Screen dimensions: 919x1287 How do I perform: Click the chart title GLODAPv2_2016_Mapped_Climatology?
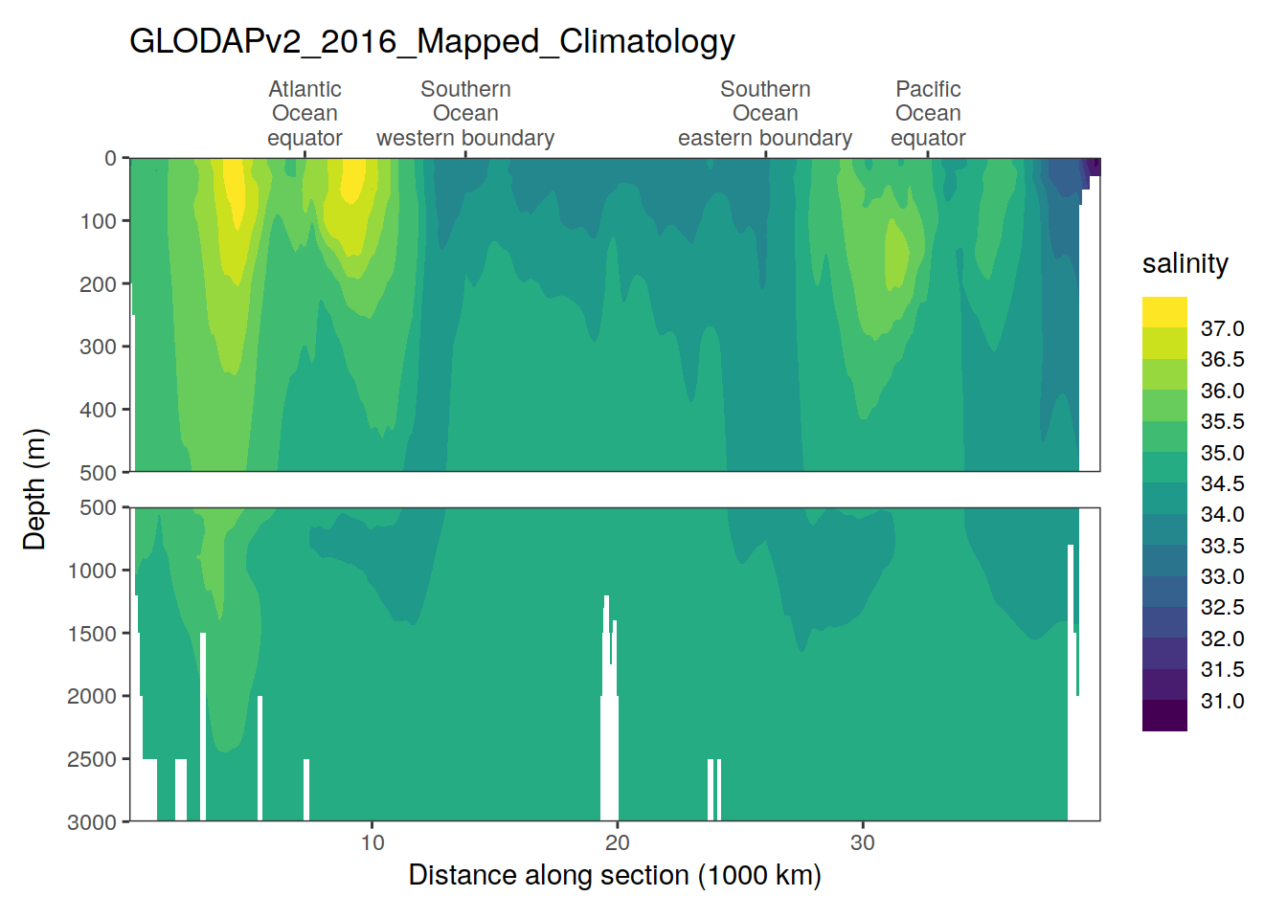[x=432, y=41]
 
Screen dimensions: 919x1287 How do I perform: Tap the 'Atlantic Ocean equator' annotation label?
[x=305, y=114]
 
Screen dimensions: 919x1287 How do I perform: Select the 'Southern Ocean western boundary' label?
[x=465, y=114]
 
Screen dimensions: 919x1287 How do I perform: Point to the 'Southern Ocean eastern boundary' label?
[x=765, y=114]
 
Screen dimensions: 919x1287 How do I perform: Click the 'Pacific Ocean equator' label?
[x=928, y=114]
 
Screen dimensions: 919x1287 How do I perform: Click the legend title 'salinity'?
[x=1185, y=263]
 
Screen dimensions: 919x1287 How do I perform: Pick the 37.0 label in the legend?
[x=1222, y=328]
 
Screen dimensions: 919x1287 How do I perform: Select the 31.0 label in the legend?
[x=1222, y=701]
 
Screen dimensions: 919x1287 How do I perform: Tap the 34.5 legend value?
[x=1222, y=483]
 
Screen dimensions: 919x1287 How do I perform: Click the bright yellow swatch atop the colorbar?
[x=1164, y=311]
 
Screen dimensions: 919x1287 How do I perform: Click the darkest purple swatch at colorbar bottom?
[x=1164, y=716]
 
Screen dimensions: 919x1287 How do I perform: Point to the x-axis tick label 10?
[x=373, y=842]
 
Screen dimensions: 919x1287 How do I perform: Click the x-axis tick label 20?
[x=618, y=842]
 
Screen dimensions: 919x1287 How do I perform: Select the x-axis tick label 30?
[x=863, y=842]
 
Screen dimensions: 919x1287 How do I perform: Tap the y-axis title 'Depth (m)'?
[x=34, y=489]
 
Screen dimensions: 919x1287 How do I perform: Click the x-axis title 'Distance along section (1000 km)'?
[x=615, y=875]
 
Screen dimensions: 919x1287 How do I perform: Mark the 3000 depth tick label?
[x=92, y=822]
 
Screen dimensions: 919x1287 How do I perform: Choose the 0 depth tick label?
[x=110, y=158]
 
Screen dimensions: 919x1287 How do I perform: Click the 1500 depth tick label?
[x=92, y=634]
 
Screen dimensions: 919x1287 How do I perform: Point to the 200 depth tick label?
[x=98, y=284]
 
